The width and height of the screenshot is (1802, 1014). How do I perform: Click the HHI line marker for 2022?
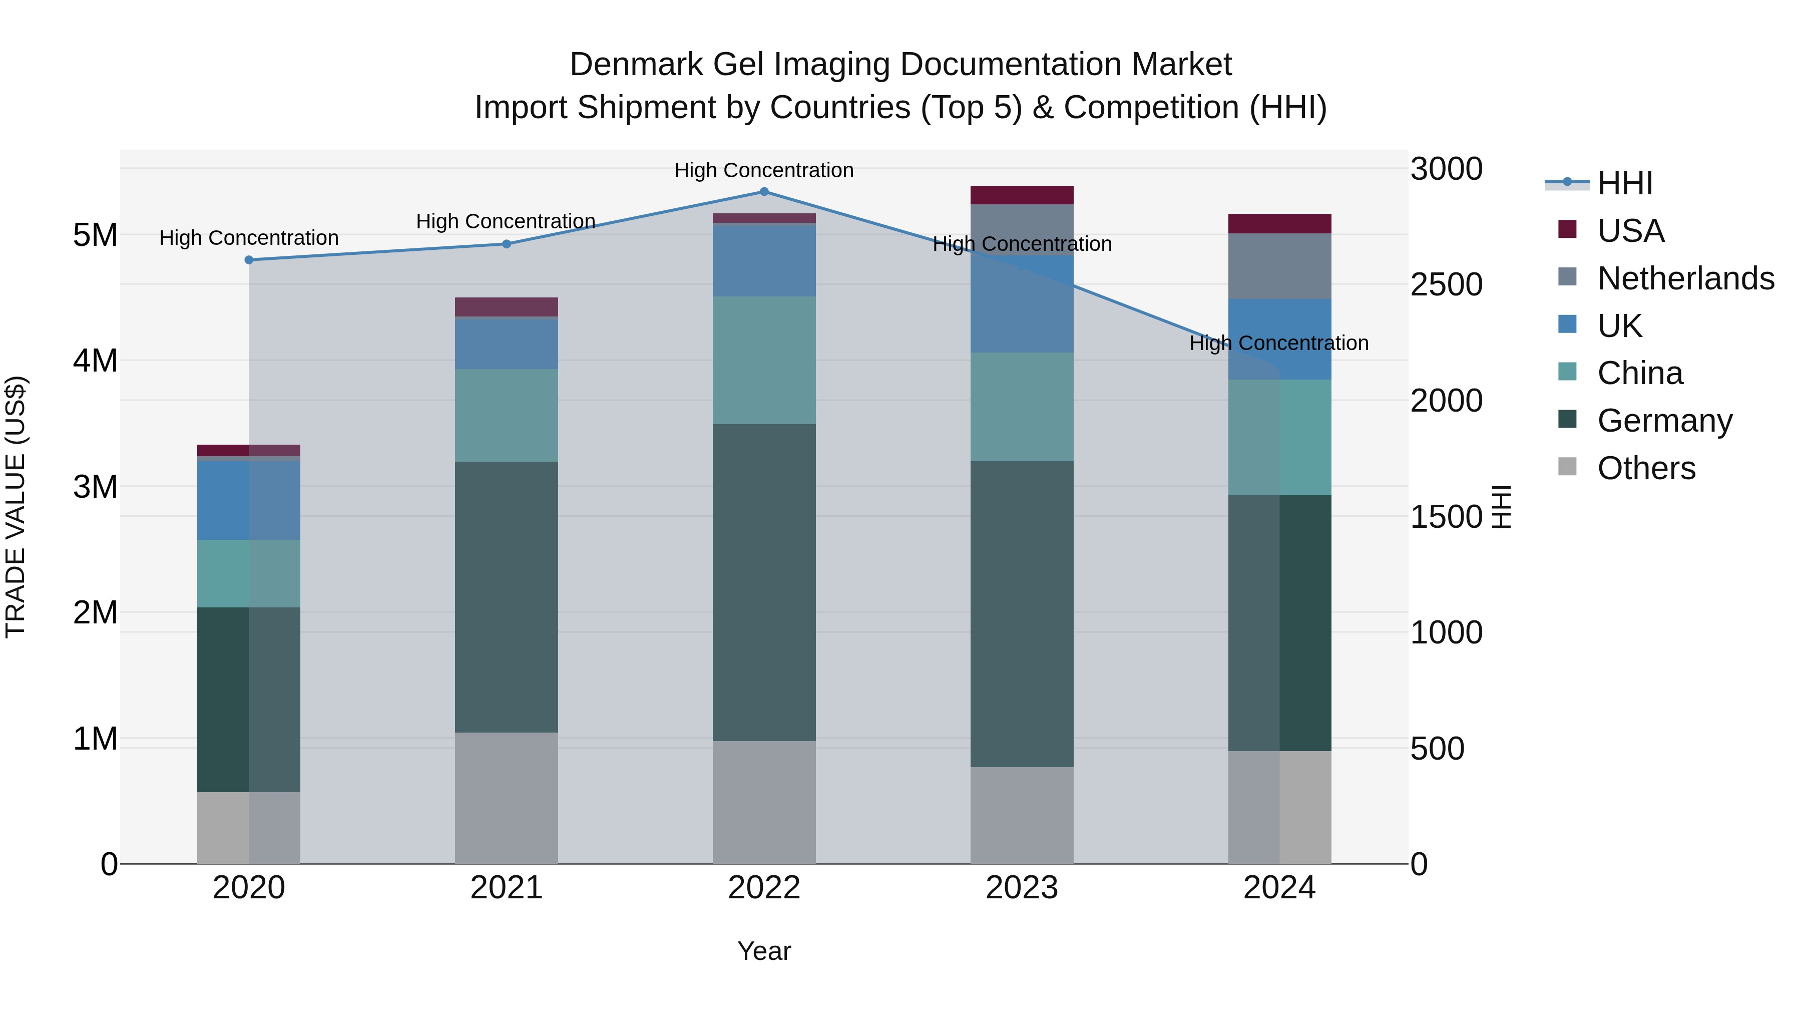[x=764, y=192]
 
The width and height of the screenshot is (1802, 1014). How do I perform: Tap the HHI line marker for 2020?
[x=249, y=259]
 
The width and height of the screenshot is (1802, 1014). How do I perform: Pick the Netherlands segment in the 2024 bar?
[x=1279, y=266]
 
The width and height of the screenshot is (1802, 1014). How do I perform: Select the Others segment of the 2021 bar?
[x=507, y=798]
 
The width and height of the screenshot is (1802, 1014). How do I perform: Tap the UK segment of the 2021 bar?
[x=507, y=344]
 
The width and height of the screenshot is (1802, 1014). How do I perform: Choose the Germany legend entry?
[x=1664, y=421]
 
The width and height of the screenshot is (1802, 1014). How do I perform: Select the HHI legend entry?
[x=1624, y=183]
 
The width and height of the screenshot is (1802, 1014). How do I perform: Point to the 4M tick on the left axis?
[x=95, y=361]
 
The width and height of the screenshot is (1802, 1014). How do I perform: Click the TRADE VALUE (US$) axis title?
[x=16, y=507]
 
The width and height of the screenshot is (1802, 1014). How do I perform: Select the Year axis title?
[x=764, y=951]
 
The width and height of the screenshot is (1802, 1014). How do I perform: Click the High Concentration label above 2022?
[x=764, y=170]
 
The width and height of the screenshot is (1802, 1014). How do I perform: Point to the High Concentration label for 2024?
[x=1279, y=343]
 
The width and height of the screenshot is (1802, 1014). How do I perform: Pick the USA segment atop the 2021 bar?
[x=507, y=306]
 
